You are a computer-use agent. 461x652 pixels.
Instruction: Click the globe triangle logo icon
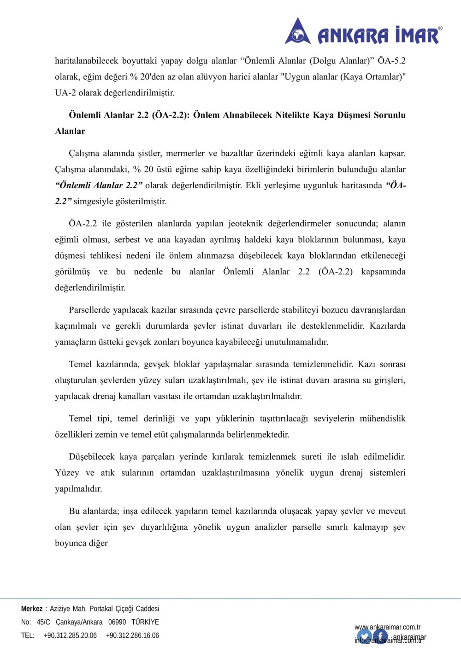(298, 32)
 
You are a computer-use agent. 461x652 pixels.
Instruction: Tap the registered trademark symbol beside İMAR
(440, 29)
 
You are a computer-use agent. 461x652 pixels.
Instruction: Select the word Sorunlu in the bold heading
(390, 115)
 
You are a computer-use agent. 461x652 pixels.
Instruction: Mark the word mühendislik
(382, 418)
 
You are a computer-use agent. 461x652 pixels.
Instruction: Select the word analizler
(271, 527)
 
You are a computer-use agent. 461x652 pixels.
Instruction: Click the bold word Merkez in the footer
(31, 609)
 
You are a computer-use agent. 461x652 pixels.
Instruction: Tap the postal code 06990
(117, 622)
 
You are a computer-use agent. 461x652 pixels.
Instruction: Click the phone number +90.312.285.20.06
(70, 635)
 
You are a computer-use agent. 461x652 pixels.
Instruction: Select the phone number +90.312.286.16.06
(132, 635)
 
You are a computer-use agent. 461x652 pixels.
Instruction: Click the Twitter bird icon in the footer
(364, 637)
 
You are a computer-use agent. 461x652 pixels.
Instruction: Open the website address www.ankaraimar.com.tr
(387, 627)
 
